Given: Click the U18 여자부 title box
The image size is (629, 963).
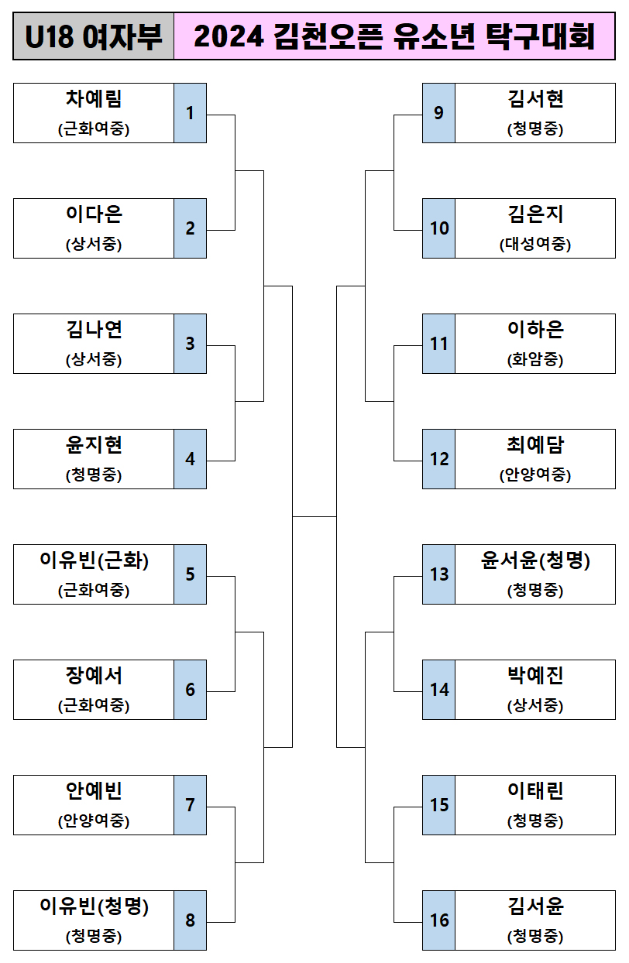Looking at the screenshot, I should [x=94, y=36].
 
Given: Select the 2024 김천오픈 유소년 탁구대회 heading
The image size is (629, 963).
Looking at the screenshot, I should [x=394, y=36].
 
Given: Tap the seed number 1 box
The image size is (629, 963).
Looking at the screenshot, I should [x=190, y=113].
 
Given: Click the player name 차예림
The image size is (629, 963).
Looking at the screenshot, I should [x=94, y=99].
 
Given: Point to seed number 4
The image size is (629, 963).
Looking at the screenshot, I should [x=190, y=459].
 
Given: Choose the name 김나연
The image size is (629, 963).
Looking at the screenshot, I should [x=94, y=330].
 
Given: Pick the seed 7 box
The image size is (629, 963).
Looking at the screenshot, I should [x=190, y=805].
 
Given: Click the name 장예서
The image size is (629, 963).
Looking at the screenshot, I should [x=94, y=676].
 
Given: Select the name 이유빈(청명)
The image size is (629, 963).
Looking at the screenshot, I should [x=94, y=906].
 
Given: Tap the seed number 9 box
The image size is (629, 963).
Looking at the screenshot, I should [x=438, y=113].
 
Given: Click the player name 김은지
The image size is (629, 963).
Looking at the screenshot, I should [x=535, y=214].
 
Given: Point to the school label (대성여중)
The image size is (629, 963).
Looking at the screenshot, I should [x=535, y=245].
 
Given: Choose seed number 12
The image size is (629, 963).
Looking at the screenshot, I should [x=438, y=459].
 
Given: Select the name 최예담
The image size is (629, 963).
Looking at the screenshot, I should [x=535, y=445].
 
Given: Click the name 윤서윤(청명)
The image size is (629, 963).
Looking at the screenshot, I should [x=535, y=560].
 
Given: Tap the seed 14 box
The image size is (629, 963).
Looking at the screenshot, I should [x=438, y=690].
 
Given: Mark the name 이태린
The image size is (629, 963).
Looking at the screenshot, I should [x=535, y=791].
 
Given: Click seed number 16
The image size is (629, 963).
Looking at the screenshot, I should [x=438, y=920].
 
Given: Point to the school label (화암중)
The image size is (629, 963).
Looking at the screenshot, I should [x=535, y=360].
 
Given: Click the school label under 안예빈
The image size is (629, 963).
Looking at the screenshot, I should [x=94, y=821].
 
